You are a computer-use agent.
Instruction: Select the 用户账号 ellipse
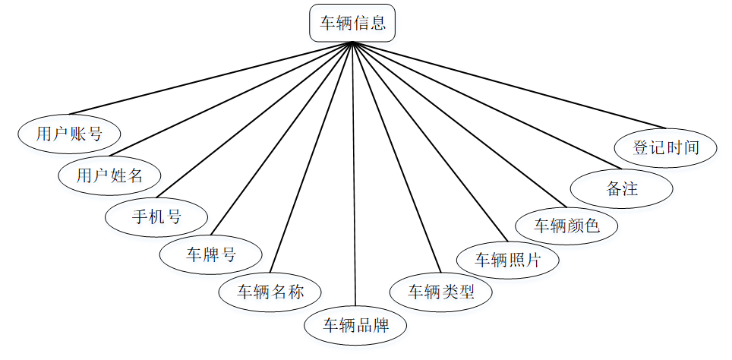pyautogui.click(x=69, y=134)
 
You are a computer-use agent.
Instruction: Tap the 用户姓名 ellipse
pyautogui.click(x=110, y=175)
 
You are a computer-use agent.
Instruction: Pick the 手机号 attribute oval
pyautogui.click(x=156, y=216)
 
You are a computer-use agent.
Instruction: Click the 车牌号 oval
pyautogui.click(x=211, y=254)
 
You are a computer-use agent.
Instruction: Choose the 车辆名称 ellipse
pyautogui.click(x=270, y=291)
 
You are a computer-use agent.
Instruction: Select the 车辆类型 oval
pyautogui.click(x=441, y=291)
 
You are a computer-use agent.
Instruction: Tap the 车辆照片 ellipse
pyautogui.click(x=508, y=259)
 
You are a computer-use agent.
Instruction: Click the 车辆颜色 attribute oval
pyautogui.click(x=566, y=226)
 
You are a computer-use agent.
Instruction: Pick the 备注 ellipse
pyautogui.click(x=622, y=188)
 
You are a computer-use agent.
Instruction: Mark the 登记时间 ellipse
pyautogui.click(x=665, y=147)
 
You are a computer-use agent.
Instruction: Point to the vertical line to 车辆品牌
pyautogui.click(x=354, y=175)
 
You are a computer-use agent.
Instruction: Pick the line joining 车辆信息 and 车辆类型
pyautogui.click(x=395, y=156)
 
